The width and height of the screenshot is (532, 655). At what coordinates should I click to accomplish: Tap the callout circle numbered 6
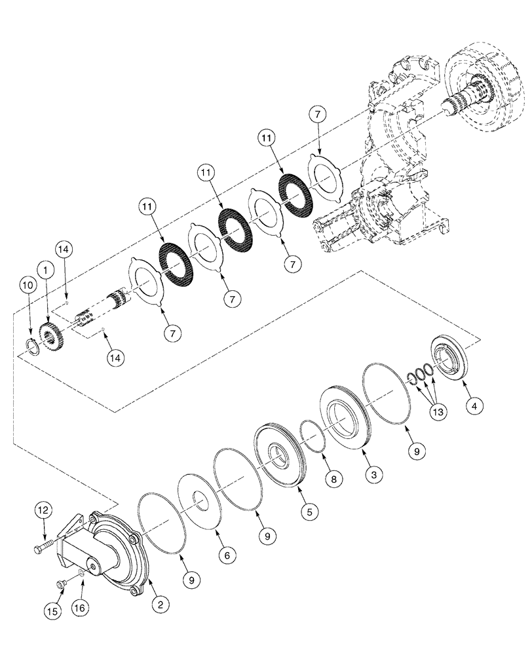coord(226,554)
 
